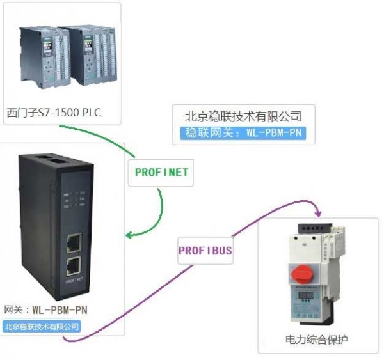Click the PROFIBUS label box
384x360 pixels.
coord(205,251)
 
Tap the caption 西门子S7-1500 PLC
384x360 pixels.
coord(54,113)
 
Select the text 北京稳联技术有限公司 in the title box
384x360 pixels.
coord(243,116)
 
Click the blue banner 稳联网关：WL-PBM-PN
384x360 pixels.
coord(243,133)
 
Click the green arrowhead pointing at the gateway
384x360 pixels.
coord(129,235)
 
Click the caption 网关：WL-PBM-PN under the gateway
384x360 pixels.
coord(45,310)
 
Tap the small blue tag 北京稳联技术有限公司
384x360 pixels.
coord(42,326)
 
